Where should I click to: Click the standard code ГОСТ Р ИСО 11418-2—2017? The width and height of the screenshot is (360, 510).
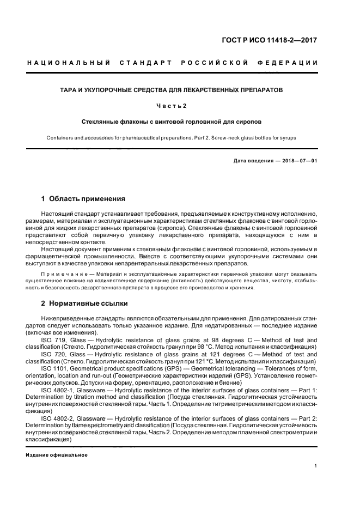pos(277,40)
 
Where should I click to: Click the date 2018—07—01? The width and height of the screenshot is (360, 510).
pos(298,161)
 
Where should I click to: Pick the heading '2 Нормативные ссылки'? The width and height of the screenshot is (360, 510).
pos(84,303)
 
